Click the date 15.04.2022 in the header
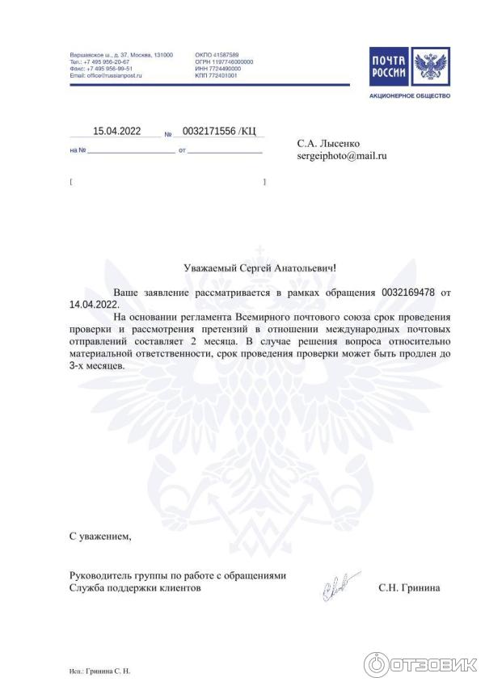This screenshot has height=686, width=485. [x=117, y=131]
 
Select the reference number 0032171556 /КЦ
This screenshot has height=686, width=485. [x=219, y=131]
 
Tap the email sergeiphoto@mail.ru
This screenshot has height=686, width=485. [x=342, y=155]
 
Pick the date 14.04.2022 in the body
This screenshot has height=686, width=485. [x=94, y=305]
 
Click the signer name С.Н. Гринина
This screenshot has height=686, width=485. [x=409, y=588]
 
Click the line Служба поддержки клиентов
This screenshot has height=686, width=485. [x=136, y=588]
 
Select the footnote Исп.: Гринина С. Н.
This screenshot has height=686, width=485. [x=100, y=671]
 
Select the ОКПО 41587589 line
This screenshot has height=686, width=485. [x=217, y=55]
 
